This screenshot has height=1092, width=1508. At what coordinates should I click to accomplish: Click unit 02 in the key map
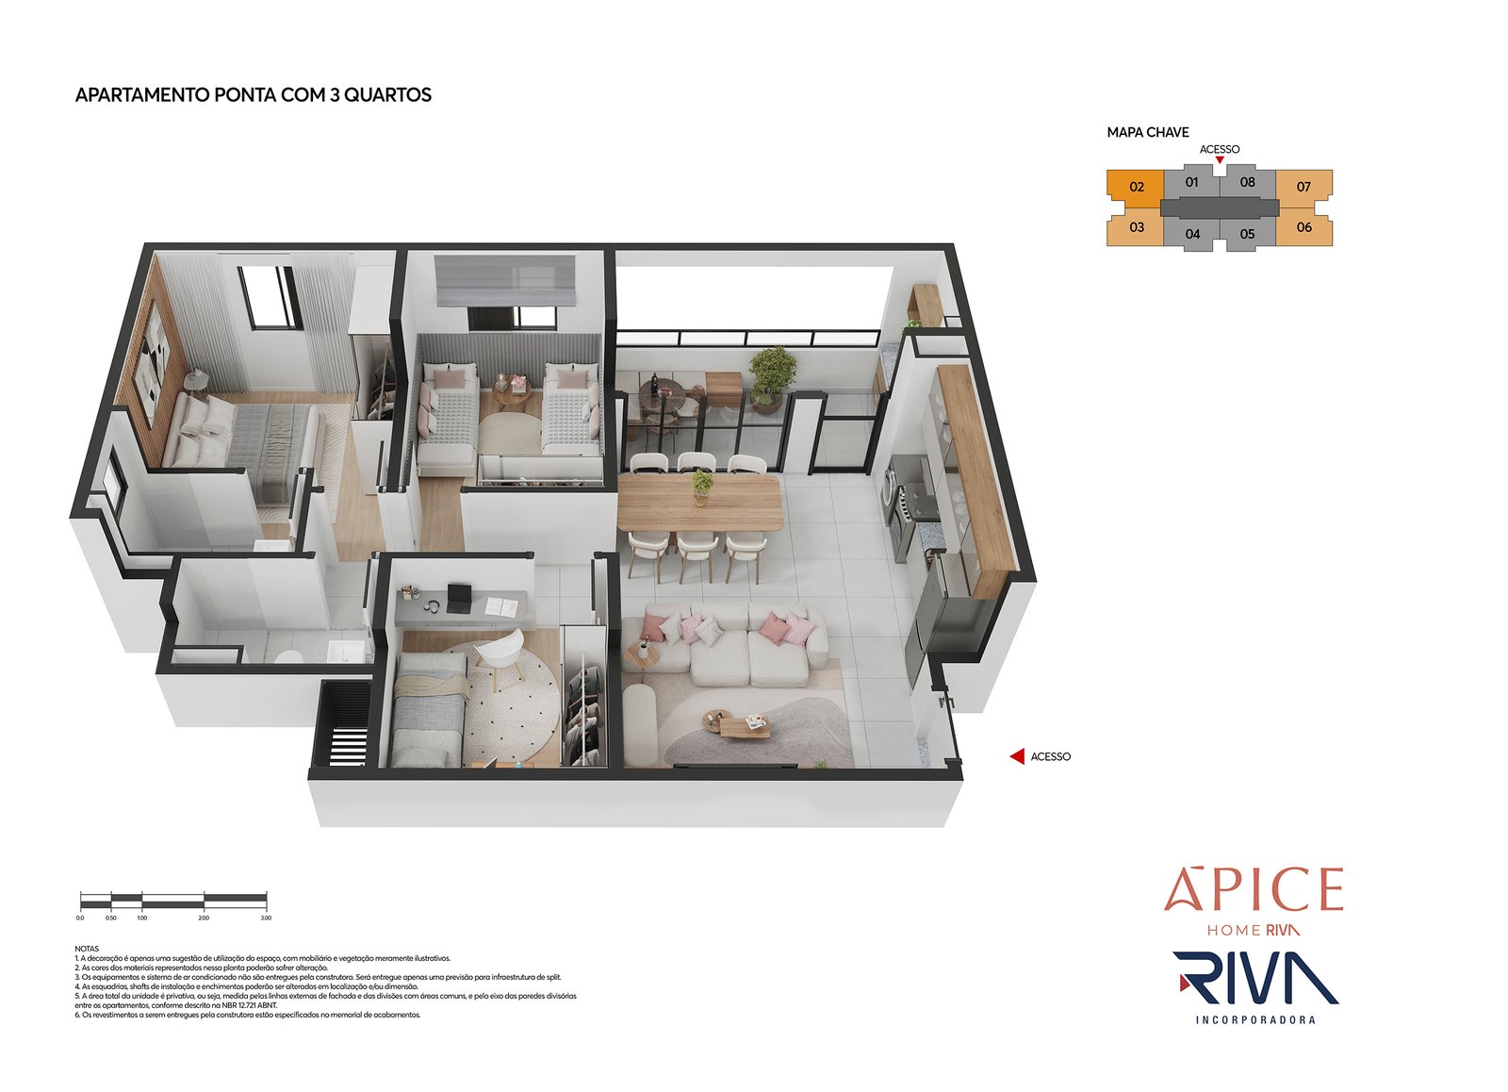[1136, 187]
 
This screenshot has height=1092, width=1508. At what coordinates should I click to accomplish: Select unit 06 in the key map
[1303, 227]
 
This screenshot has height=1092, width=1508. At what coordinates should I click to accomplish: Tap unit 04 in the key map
[1192, 234]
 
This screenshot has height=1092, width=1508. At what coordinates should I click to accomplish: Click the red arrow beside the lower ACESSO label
[1017, 756]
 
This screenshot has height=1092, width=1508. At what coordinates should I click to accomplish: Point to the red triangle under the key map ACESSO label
[1220, 160]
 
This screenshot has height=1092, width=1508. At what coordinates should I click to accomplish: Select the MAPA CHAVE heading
[1147, 133]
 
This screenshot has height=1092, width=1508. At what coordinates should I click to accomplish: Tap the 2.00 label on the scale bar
[204, 918]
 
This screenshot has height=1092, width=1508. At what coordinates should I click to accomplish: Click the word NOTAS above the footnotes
[86, 949]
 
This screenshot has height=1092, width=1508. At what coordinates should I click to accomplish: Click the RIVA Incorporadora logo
[1255, 985]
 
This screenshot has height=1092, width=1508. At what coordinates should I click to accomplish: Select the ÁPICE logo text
[1254, 890]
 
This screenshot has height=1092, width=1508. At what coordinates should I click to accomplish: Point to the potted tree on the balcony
[772, 372]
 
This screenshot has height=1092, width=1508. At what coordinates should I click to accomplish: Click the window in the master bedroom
[268, 297]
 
